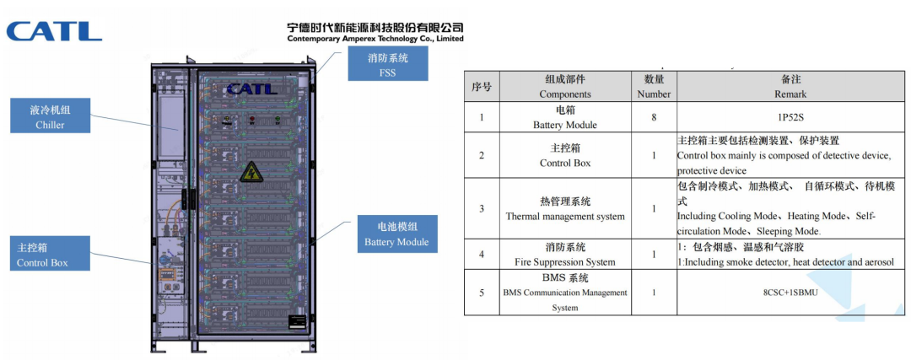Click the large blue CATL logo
(x=54, y=31)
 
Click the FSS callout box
(x=387, y=64)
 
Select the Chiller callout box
(x=50, y=116)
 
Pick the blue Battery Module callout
(x=396, y=234)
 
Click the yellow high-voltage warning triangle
(x=251, y=173)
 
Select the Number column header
(x=654, y=86)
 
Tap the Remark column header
(x=790, y=86)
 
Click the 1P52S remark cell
(x=790, y=116)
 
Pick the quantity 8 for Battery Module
(x=654, y=116)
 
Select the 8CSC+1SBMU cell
(x=790, y=293)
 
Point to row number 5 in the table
(x=481, y=293)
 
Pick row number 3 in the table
(x=481, y=208)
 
